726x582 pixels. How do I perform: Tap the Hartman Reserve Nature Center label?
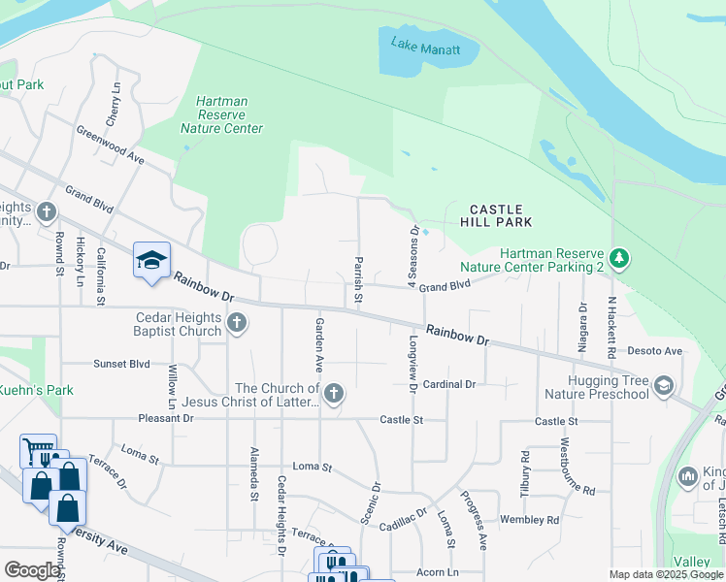pos(221,114)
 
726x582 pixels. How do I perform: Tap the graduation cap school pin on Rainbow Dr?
pos(151,260)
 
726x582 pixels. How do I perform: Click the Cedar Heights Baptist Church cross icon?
pos(237,324)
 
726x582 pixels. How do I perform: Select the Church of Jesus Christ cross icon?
pos(334,394)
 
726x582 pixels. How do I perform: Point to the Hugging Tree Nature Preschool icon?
pos(664,386)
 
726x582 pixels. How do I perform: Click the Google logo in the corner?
pos(32,570)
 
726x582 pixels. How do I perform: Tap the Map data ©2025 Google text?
pos(665,574)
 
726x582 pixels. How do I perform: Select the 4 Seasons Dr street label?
pos(412,257)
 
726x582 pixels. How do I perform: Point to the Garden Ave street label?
pos(318,344)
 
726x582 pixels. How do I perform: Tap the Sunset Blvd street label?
pos(121,364)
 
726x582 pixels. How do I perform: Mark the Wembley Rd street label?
pos(529,520)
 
